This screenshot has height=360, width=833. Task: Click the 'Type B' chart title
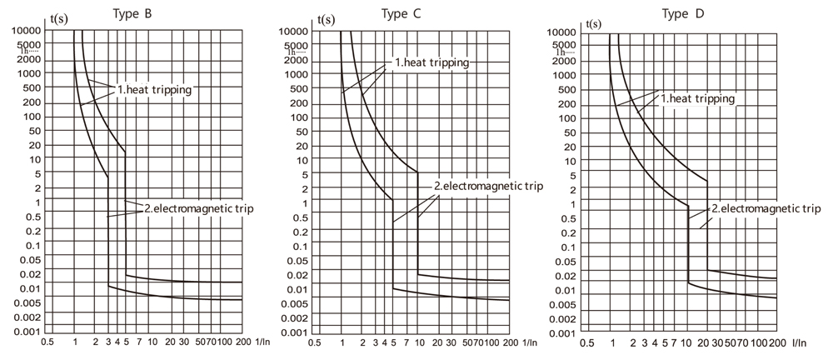[x=132, y=12]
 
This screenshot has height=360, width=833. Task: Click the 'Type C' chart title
[x=397, y=12]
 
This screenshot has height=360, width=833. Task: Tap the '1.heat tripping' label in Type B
[x=153, y=90]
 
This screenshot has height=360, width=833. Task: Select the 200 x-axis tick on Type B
[x=243, y=342]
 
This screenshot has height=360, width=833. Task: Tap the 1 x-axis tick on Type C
[x=342, y=342]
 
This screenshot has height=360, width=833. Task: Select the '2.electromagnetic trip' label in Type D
[x=766, y=208]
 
